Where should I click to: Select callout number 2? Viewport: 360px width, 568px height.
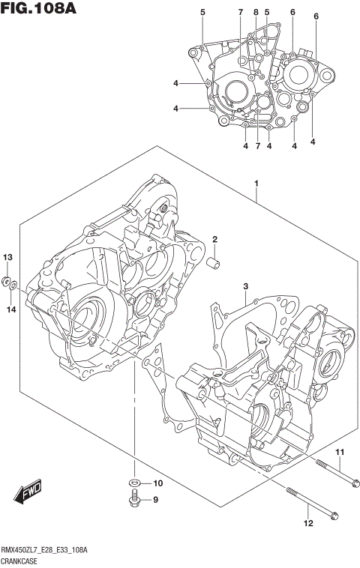214,240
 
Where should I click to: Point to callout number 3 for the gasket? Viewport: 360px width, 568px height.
245,287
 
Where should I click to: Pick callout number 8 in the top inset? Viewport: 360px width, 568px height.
256,12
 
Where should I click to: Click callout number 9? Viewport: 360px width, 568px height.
156,500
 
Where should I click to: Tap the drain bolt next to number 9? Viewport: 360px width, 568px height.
134,500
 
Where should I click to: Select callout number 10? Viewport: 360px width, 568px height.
157,483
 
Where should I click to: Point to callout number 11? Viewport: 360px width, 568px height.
338,452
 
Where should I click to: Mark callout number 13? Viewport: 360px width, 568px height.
8,257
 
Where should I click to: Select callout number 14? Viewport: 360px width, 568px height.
11,309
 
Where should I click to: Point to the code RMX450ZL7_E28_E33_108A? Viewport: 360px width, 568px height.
45,550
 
